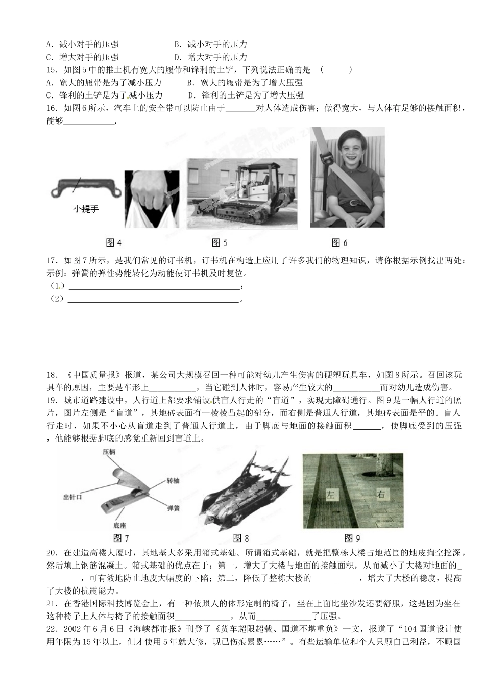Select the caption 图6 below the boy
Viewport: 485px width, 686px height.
point(339,242)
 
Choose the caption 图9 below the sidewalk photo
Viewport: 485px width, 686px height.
point(352,537)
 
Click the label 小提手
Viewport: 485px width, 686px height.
point(85,209)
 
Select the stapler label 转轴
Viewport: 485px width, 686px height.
point(173,481)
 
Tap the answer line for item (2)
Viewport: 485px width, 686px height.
point(153,300)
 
